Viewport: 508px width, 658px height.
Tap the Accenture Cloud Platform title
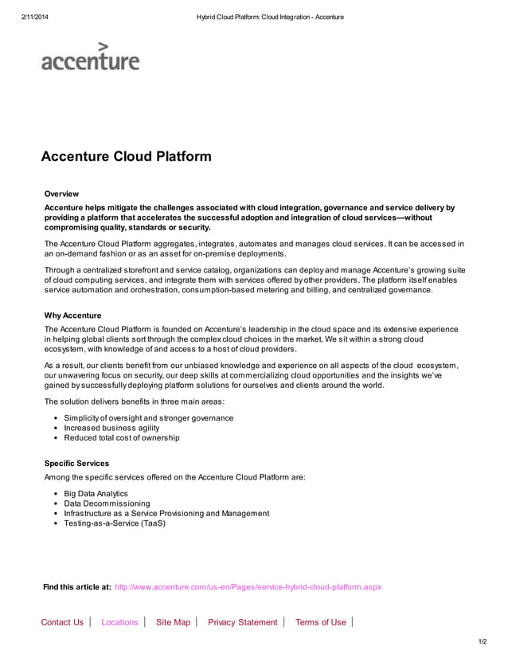[x=126, y=156]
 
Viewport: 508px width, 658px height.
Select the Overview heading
[x=61, y=194]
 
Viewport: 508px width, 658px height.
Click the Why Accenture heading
[x=72, y=315]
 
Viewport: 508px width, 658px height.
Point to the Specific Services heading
[x=76, y=463]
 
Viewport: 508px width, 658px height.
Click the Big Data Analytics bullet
[x=96, y=494]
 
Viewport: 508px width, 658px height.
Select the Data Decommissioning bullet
[x=107, y=503]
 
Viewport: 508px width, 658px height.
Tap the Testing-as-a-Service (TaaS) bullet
[x=115, y=523]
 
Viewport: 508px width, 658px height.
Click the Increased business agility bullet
[x=111, y=428]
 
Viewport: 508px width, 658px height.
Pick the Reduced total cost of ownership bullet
[x=122, y=437]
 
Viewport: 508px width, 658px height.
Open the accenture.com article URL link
[x=248, y=587]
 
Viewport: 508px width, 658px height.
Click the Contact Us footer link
[x=62, y=622]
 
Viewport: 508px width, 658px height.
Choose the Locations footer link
[x=119, y=622]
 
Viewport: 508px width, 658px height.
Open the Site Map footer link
[x=173, y=622]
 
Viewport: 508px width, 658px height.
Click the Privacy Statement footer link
[x=242, y=622]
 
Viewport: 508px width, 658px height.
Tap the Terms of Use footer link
[x=320, y=622]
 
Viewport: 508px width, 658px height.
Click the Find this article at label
[x=76, y=587]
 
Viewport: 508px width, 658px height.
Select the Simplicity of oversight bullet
[x=148, y=418]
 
